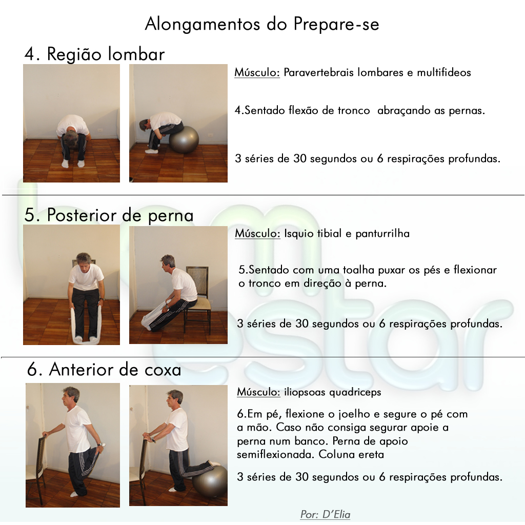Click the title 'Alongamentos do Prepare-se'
262,24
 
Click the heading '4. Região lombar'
94,54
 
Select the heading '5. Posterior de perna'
109,215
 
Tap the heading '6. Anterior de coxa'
104,370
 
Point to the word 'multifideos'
443,72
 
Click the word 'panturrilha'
382,233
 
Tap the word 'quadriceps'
355,392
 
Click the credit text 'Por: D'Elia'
325,514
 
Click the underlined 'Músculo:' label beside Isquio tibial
257,233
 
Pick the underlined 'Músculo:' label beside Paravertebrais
257,72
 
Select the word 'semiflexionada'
276,454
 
